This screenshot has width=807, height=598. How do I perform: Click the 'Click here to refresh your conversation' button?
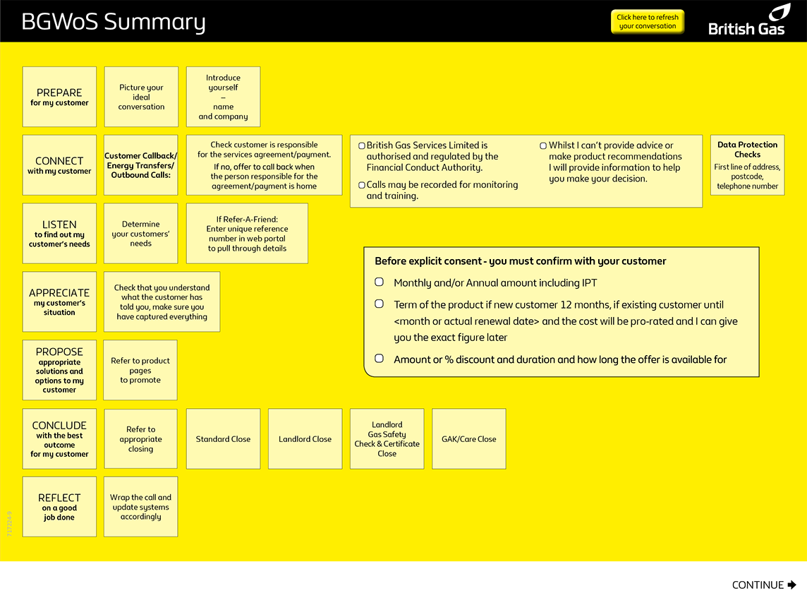[647, 22]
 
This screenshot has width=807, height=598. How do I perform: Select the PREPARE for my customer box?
[59, 97]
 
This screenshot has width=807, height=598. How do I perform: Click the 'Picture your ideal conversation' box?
[141, 97]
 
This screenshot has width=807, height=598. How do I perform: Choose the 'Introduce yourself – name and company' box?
[223, 97]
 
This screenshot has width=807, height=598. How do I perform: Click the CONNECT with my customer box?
[59, 165]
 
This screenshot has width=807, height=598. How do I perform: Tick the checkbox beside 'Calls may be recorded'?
[362, 185]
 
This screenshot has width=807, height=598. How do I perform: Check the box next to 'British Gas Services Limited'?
[362, 145]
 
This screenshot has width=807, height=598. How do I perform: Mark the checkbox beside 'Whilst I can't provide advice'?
[543, 145]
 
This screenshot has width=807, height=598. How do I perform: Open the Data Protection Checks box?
[747, 165]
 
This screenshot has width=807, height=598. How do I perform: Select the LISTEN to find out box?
[59, 234]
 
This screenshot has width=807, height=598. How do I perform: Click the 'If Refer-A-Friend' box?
[247, 234]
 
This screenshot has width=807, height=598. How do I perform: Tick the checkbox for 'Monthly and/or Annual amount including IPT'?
[380, 282]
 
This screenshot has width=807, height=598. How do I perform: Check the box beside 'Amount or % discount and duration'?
[380, 359]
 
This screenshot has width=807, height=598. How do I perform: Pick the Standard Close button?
[223, 438]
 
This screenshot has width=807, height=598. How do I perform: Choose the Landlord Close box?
[305, 438]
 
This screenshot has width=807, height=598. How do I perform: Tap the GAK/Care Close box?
[468, 438]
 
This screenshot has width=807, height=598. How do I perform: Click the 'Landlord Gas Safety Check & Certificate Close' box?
[387, 438]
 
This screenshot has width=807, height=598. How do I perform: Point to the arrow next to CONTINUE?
[791, 585]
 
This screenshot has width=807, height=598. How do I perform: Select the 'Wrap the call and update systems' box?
[141, 507]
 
